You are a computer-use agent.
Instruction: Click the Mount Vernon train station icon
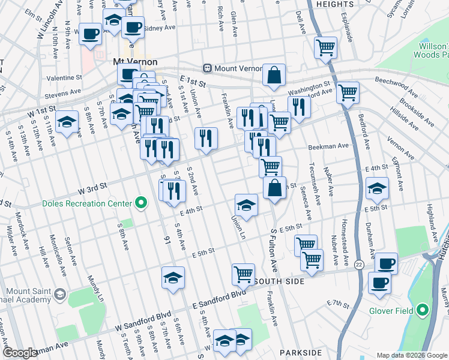[x=207, y=68]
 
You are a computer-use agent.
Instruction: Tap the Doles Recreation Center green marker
[x=141, y=203]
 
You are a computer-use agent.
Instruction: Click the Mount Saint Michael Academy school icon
[x=59, y=294]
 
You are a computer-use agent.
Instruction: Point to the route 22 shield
[x=359, y=264]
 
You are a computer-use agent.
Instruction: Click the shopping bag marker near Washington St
[x=274, y=75]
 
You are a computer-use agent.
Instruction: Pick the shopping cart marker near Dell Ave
[x=325, y=47]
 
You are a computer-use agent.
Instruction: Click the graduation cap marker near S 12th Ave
[x=67, y=121]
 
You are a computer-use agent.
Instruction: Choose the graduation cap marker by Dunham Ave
[x=377, y=188]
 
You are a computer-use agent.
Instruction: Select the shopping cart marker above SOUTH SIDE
[x=243, y=274]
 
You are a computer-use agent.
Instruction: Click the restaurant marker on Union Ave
[x=206, y=138]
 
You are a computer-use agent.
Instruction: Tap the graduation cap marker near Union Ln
[x=246, y=205]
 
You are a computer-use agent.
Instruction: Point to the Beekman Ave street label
[x=328, y=146]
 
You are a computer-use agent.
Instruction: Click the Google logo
[x=21, y=353]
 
